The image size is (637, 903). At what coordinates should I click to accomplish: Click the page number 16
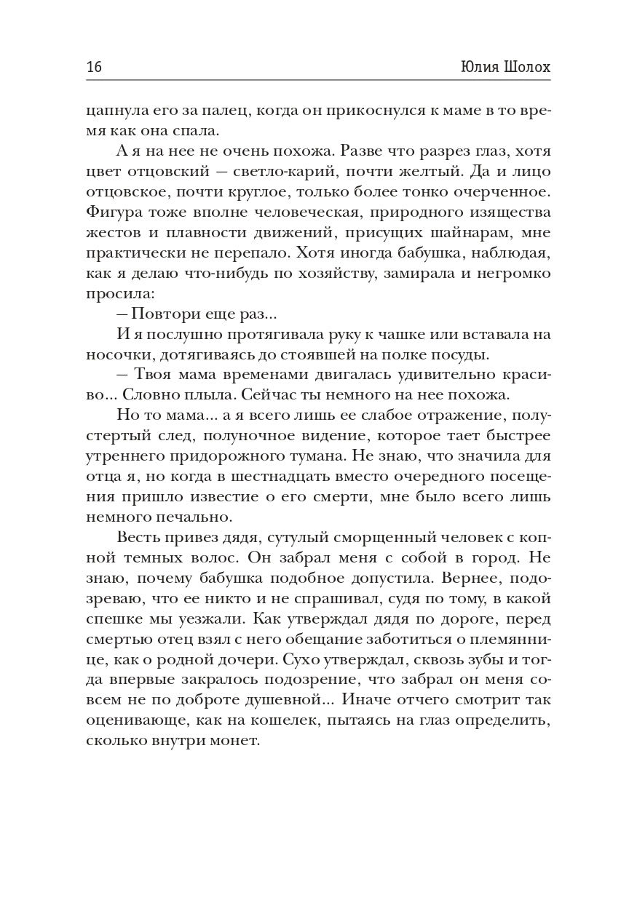point(94,68)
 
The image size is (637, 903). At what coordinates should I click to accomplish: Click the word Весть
point(137,538)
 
